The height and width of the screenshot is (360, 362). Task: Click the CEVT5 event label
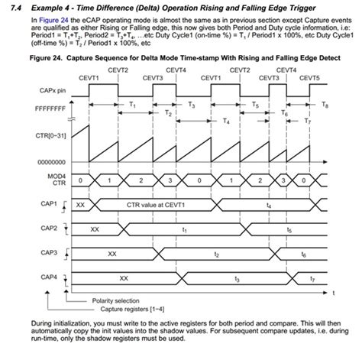click(309, 77)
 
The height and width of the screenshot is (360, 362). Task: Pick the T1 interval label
click(134, 102)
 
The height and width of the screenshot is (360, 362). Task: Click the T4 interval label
click(225, 121)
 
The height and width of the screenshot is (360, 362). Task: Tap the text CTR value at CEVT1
click(159, 205)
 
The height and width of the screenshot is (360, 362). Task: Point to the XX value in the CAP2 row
click(95, 229)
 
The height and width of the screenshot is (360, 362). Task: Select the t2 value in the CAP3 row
click(217, 253)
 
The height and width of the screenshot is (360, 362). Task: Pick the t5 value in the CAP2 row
click(288, 229)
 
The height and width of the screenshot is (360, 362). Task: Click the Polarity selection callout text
click(118, 300)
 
